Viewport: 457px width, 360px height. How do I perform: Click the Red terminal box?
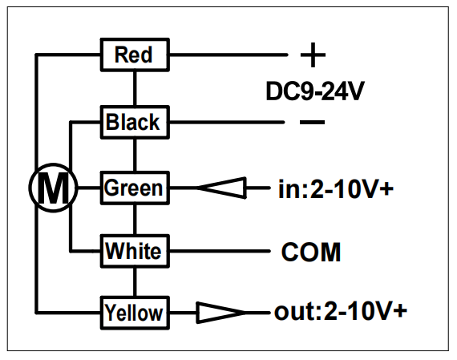[x=135, y=55]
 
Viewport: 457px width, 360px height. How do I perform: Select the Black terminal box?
[x=135, y=122]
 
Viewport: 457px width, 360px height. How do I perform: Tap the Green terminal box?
[x=135, y=188]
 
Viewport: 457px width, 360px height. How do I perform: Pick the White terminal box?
[x=135, y=251]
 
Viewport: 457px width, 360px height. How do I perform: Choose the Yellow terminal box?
[x=135, y=313]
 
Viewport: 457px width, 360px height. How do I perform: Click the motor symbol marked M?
[x=53, y=188]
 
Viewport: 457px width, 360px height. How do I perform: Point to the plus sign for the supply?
[x=313, y=55]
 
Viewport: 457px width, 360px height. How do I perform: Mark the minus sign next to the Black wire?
[x=312, y=122]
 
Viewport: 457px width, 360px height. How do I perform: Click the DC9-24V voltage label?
[x=315, y=91]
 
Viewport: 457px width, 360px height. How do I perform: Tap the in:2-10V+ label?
[x=336, y=189]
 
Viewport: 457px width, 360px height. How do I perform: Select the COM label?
[x=311, y=252]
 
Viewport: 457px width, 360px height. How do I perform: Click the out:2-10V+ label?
[x=341, y=311]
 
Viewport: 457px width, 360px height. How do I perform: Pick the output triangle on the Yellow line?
[x=220, y=313]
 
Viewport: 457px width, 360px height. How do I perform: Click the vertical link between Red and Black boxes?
[x=135, y=88]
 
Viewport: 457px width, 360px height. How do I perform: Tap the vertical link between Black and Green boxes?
[x=135, y=155]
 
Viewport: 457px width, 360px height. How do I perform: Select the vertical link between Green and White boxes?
[x=135, y=220]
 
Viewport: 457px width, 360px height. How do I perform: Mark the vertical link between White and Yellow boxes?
[x=135, y=282]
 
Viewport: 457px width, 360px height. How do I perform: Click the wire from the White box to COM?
[x=220, y=251]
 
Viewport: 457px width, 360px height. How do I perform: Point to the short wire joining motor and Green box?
[x=89, y=188]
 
